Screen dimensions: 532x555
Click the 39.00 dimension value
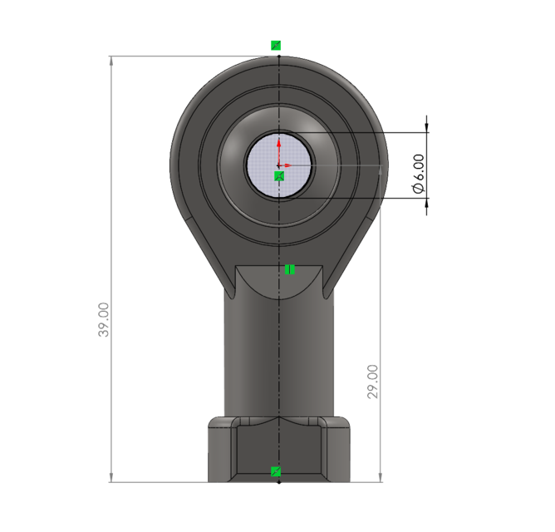click(104, 320)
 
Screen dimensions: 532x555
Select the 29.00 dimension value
click(373, 381)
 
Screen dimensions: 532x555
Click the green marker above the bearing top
click(276, 45)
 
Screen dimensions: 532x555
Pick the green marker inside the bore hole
click(279, 175)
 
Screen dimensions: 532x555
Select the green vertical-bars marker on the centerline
click(290, 268)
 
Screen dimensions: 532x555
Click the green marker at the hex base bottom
click(277, 472)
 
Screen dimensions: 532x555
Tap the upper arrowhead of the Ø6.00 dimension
click(427, 127)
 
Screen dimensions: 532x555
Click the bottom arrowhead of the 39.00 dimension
click(111, 476)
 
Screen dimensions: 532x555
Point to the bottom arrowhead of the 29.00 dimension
click(381, 476)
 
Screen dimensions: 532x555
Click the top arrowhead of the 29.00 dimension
click(381, 170)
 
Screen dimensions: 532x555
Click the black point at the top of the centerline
click(278, 57)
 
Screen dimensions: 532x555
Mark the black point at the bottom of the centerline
click(278, 481)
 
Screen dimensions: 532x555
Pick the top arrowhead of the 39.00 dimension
click(111, 61)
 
